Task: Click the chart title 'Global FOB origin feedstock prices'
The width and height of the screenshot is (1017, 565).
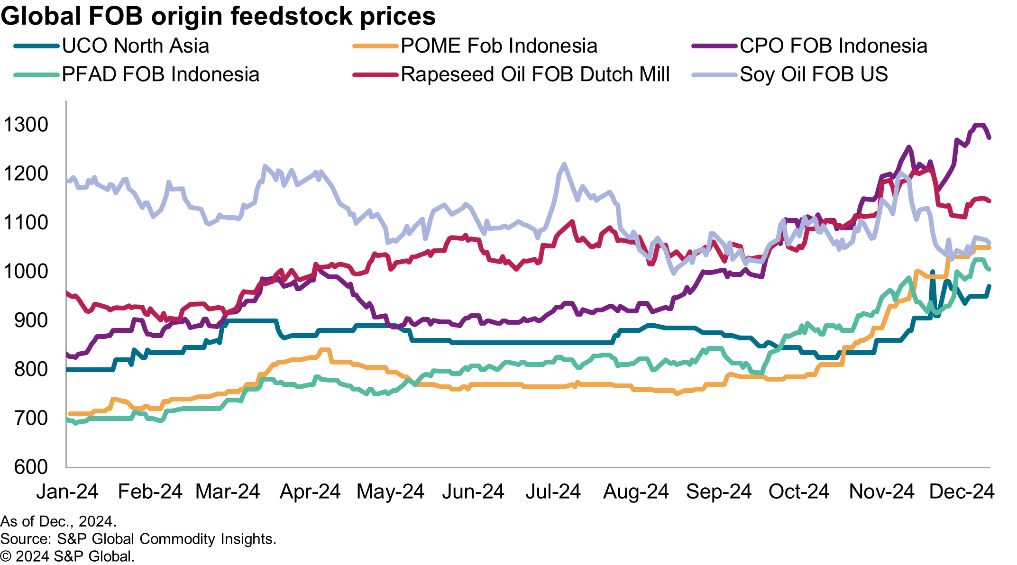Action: pos(218,16)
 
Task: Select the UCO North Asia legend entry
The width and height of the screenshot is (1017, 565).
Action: pos(135,46)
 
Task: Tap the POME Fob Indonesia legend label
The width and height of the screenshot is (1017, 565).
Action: pos(499,46)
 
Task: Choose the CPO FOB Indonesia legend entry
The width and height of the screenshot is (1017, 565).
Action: pos(833,46)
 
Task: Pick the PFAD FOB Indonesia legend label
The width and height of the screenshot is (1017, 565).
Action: pos(160,74)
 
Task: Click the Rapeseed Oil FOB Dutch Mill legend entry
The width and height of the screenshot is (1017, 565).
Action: pos(535,74)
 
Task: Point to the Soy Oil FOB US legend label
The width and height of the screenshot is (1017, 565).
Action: pos(814,74)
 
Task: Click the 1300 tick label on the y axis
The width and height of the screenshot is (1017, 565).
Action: pos(26,125)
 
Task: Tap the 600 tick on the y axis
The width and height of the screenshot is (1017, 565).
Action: pos(31,467)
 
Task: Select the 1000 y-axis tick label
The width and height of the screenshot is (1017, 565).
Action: pos(26,272)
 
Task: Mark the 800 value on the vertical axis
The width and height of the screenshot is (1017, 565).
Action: pos(31,369)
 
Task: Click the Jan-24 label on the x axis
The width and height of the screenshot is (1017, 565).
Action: pos(67,492)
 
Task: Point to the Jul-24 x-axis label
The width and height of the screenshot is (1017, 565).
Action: pos(553,492)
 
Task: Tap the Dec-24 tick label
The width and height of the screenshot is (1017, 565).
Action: pos(962,492)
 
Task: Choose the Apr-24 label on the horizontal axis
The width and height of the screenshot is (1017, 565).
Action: pos(310,492)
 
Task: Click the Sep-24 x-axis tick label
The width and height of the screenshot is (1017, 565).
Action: pos(718,492)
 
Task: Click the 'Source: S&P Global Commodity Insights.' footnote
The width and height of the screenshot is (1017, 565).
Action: pos(138,539)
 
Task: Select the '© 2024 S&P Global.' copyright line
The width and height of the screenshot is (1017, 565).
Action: pos(67,556)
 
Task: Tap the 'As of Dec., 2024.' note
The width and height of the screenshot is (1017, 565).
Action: pos(58,521)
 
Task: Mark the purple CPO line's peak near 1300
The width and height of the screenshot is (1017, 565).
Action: pos(980,125)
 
